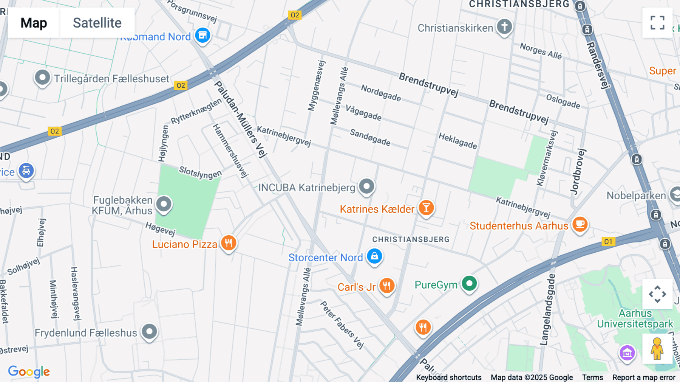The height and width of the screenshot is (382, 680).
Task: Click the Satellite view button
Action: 97,23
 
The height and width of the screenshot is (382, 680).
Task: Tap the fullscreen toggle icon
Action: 657,23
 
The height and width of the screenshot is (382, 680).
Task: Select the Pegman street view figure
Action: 657,348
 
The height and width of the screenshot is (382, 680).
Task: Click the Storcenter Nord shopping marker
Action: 374,256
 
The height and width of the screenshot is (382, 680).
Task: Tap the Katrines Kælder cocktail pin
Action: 426,208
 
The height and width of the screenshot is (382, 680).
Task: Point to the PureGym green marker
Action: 469,283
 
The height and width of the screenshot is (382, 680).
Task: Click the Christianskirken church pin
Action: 504,26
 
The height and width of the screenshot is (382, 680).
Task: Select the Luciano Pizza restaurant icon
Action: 229,243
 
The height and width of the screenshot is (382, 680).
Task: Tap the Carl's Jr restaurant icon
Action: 387,286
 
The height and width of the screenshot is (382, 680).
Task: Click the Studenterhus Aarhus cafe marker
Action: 580,224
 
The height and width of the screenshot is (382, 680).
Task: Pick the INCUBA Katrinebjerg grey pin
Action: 366,186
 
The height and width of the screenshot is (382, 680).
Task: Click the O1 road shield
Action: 608,241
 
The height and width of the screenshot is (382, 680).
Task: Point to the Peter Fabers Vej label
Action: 342,324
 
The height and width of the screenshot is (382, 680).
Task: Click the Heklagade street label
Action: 457,141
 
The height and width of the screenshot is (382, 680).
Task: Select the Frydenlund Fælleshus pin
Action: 149,332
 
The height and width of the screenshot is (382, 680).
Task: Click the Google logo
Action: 29,371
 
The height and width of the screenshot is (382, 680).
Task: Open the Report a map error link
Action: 644,377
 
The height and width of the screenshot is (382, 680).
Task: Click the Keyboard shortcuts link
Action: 448,377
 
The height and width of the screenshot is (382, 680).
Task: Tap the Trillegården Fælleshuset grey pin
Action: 42,78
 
